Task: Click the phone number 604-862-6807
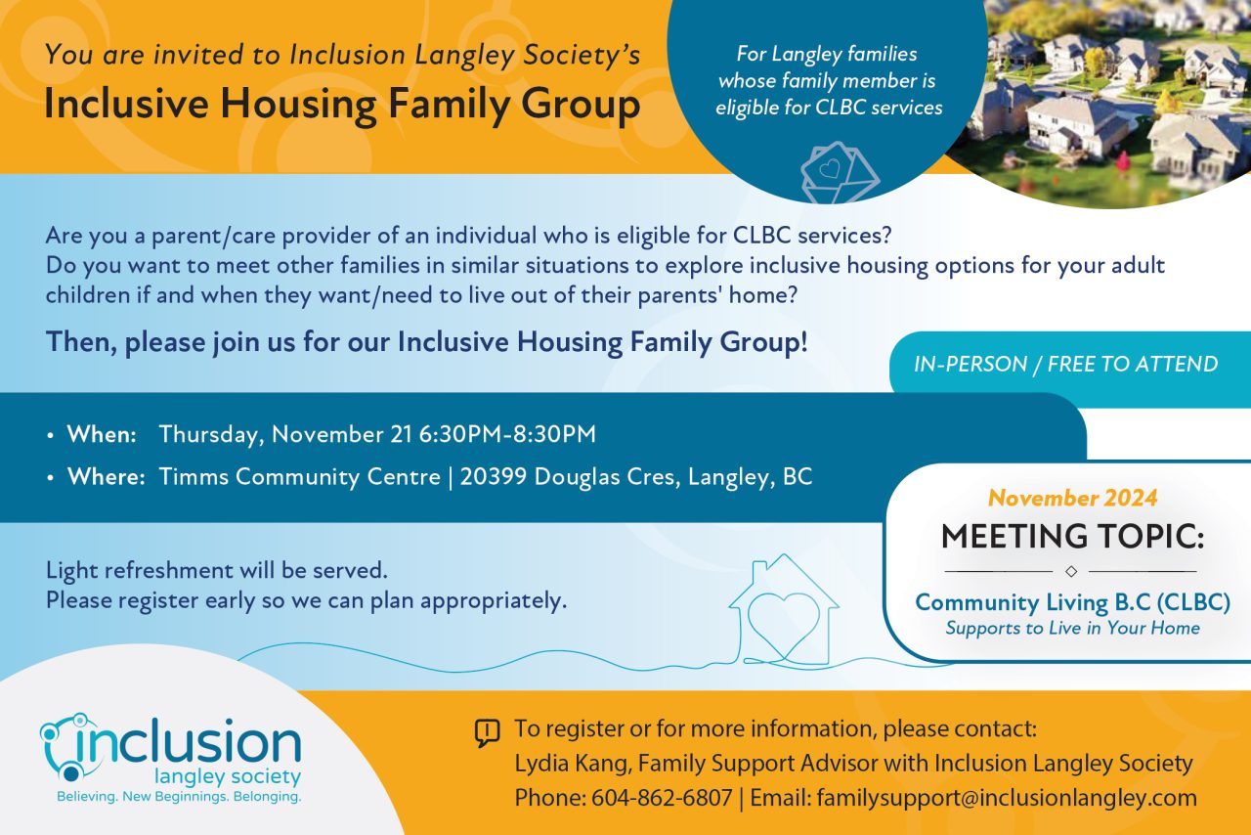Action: (662, 798)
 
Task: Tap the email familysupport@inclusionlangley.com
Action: (1007, 798)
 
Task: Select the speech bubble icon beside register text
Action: (487, 732)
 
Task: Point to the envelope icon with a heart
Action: (840, 172)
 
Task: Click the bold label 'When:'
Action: (102, 434)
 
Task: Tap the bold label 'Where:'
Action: (107, 477)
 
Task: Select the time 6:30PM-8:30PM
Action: (507, 434)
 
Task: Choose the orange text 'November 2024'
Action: (1073, 498)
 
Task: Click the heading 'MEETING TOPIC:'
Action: (1072, 536)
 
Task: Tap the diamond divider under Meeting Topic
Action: (1071, 571)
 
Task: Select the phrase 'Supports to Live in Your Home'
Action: (1072, 629)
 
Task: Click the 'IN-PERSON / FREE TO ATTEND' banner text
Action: (1066, 365)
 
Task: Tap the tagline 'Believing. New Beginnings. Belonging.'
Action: (179, 797)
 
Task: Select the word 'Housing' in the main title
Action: (298, 105)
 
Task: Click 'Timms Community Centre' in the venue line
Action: (300, 477)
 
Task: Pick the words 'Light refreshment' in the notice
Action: (140, 570)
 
